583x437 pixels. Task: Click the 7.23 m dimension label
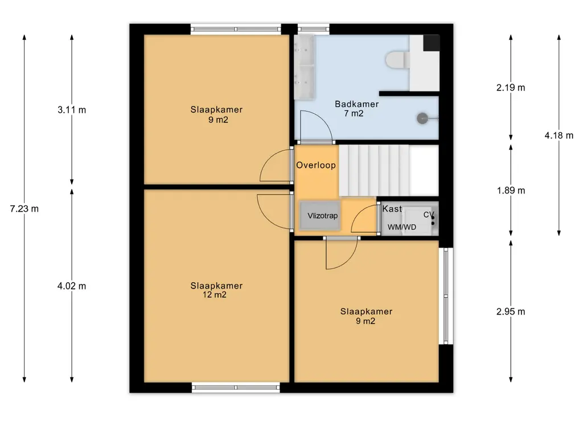pyautogui.click(x=24, y=209)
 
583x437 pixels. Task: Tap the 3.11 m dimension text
pyautogui.click(x=72, y=110)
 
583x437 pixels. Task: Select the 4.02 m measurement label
pyautogui.click(x=72, y=286)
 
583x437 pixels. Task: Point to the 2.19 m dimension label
pyautogui.click(x=511, y=88)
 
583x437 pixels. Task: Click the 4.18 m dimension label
pyautogui.click(x=559, y=135)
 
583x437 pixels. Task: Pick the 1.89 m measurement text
pyautogui.click(x=511, y=191)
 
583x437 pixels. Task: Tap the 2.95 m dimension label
pyautogui.click(x=511, y=312)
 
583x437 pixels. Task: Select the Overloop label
pyautogui.click(x=316, y=165)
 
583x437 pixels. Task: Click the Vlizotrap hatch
pyautogui.click(x=320, y=215)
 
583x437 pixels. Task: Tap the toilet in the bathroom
pyautogui.click(x=398, y=60)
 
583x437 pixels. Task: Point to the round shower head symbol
pyautogui.click(x=422, y=118)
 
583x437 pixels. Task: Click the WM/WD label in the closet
pyautogui.click(x=402, y=227)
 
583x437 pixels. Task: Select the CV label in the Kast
pyautogui.click(x=429, y=215)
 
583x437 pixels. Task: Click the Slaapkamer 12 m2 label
pyautogui.click(x=216, y=290)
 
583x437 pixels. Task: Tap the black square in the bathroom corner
pyautogui.click(x=432, y=43)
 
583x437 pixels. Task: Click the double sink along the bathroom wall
pyautogui.click(x=304, y=67)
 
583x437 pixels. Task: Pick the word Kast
pyautogui.click(x=392, y=209)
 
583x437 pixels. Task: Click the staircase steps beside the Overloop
pyautogui.click(x=374, y=171)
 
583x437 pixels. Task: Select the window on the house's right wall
pyautogui.click(x=446, y=296)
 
